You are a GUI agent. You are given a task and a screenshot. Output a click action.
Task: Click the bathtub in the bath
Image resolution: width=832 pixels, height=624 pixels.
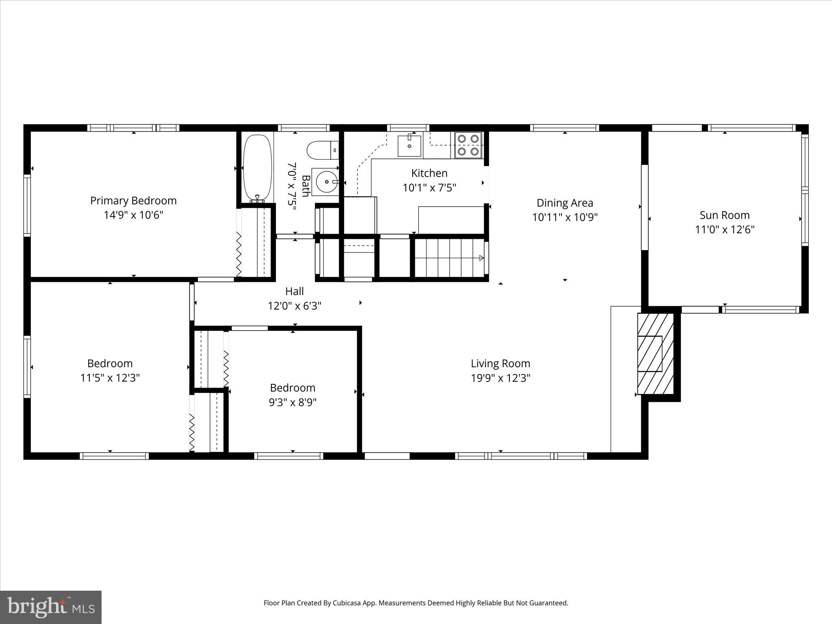click(257, 167)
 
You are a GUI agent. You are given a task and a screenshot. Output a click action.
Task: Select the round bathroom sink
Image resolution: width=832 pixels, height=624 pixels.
click(327, 182)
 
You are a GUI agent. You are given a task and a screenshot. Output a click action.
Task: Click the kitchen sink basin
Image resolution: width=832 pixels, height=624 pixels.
click(409, 146)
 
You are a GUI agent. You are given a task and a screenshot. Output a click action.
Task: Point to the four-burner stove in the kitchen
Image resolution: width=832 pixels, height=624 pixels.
click(468, 145)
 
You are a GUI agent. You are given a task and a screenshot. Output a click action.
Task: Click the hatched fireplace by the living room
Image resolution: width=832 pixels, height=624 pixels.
click(655, 353)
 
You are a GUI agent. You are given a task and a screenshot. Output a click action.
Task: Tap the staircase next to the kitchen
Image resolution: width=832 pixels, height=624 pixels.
click(449, 258)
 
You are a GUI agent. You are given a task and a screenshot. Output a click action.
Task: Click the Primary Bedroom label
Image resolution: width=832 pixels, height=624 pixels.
click(133, 201)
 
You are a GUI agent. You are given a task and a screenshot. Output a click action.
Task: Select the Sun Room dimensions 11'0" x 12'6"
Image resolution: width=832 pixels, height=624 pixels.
click(724, 230)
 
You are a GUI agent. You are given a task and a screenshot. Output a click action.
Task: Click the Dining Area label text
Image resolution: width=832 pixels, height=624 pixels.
click(565, 203)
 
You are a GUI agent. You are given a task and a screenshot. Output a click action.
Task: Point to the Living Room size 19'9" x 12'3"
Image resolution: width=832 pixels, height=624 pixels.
click(500, 378)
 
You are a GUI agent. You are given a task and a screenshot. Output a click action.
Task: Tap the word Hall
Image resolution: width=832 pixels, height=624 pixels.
click(294, 291)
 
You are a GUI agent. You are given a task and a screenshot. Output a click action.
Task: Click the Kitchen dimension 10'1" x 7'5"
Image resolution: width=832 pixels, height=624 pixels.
click(429, 188)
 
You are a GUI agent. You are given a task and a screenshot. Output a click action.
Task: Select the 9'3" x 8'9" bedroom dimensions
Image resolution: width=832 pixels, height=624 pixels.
click(292, 402)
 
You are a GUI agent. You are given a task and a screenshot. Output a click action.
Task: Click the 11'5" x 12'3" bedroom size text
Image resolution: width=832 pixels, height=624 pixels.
click(110, 378)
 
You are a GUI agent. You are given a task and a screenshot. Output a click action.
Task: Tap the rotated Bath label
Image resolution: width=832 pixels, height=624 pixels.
click(305, 186)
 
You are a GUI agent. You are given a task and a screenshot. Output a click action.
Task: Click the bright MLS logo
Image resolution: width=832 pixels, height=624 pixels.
click(50, 607)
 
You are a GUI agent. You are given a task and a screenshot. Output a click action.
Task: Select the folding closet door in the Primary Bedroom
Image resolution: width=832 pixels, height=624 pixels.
click(239, 254)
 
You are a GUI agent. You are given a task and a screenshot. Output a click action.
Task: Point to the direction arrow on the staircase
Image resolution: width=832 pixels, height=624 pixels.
click(481, 258)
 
